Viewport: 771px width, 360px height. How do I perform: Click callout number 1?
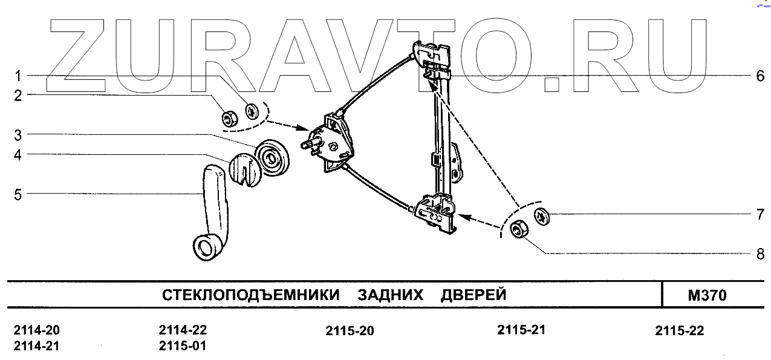point(18,76)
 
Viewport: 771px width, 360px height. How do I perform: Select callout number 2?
point(18,95)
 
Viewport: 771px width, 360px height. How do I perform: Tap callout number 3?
point(18,134)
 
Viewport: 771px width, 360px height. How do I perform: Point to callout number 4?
point(18,155)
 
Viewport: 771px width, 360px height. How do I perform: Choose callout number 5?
point(18,194)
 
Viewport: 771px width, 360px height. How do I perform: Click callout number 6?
point(760,76)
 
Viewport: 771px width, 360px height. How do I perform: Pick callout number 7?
point(760,214)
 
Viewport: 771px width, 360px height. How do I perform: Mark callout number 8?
point(760,254)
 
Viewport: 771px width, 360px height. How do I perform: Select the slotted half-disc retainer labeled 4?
point(244,169)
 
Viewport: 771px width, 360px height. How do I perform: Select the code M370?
point(707,296)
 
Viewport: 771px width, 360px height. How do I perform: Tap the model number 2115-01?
point(183,347)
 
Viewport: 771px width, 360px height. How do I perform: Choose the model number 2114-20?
point(36,331)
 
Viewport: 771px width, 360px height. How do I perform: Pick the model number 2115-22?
point(680,331)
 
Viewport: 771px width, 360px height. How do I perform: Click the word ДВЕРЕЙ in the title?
point(473,296)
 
